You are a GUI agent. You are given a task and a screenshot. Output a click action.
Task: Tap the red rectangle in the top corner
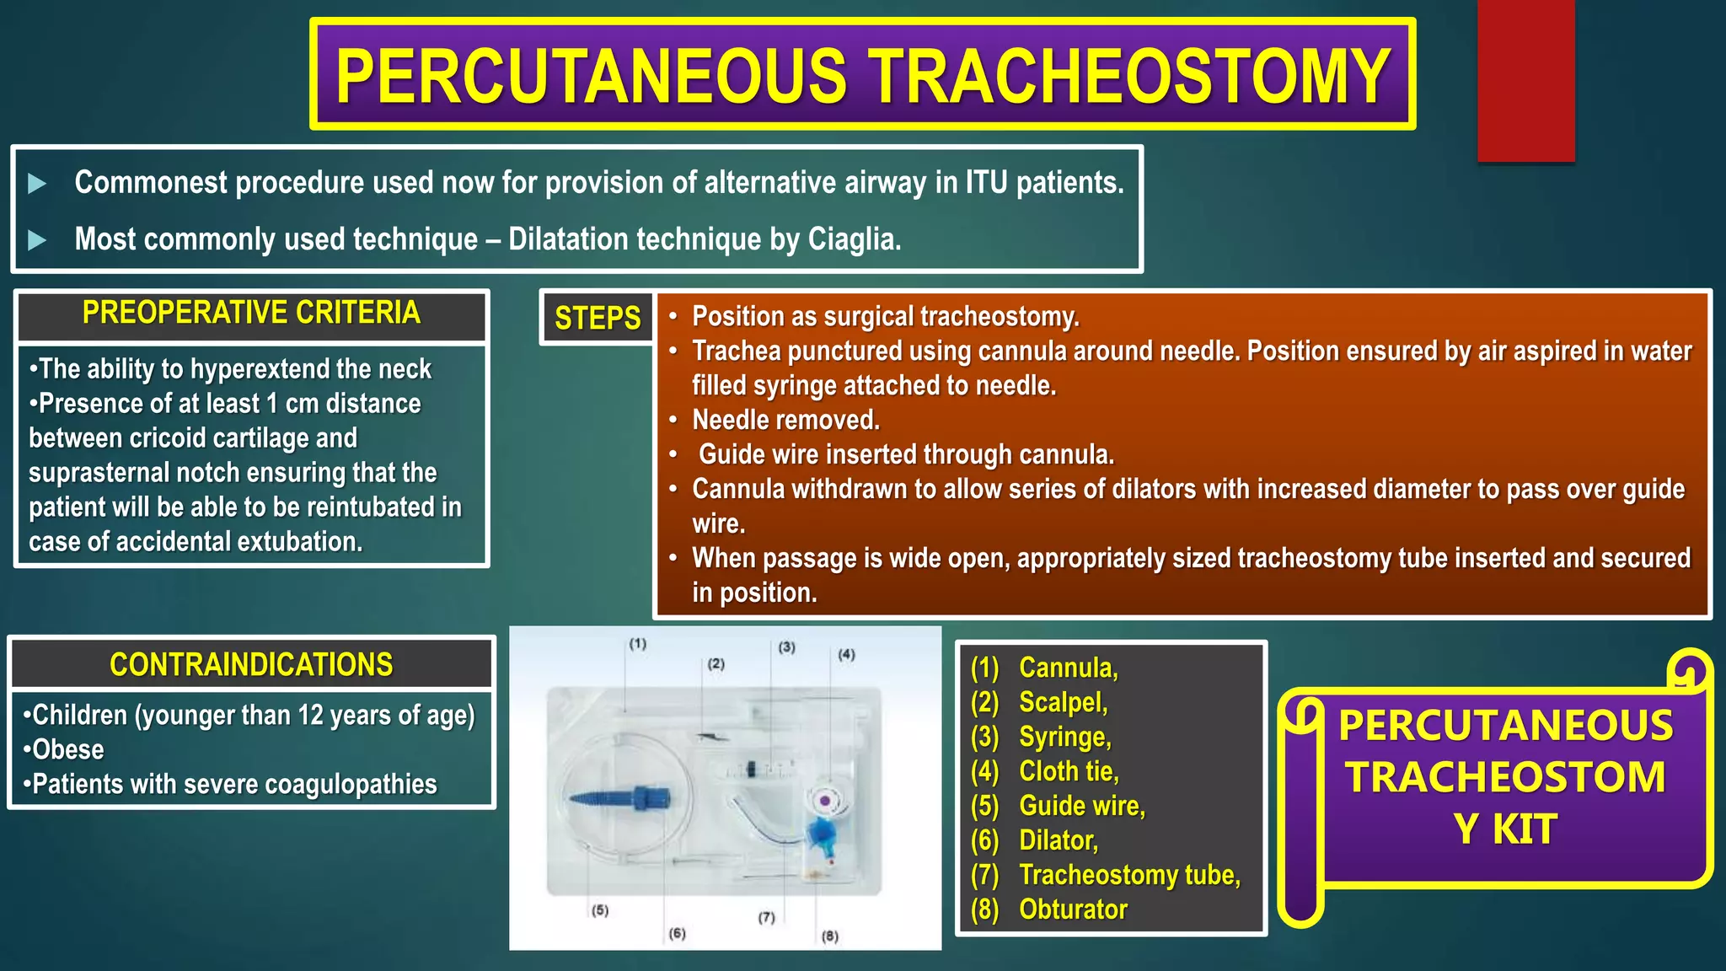[1525, 80]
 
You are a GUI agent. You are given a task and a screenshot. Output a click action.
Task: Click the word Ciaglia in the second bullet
[853, 239]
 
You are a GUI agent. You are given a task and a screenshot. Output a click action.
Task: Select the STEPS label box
[598, 319]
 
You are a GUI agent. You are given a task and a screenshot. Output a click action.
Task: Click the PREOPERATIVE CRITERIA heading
[251, 314]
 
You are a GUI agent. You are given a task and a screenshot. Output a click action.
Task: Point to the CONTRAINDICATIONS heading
[251, 665]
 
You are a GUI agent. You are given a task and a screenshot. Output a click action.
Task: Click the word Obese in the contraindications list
[67, 750]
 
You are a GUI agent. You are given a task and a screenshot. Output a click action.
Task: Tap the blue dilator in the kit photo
[619, 797]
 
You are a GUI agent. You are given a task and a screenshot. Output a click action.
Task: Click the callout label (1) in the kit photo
[637, 644]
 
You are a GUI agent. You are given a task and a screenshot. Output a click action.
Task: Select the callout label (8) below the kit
[830, 936]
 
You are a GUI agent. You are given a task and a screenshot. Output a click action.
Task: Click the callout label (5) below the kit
[600, 910]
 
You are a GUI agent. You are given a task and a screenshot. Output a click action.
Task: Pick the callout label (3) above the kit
[786, 647]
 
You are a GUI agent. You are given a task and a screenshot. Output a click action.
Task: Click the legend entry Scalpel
[1062, 702]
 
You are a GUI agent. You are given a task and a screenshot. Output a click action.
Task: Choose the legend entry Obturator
[1072, 909]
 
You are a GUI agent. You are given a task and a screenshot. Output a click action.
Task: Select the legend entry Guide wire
[1081, 806]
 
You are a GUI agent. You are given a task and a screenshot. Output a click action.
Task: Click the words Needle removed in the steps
[785, 420]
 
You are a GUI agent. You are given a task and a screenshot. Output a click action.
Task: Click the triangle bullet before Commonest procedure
[37, 184]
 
